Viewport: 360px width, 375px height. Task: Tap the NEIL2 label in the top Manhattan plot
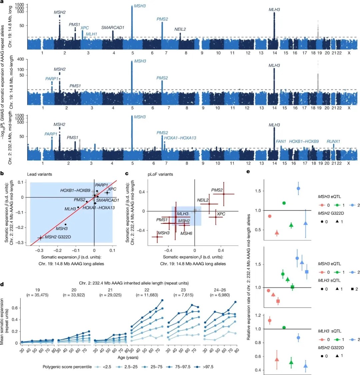[x=180, y=29]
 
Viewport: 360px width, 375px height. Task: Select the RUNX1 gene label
[x=333, y=141]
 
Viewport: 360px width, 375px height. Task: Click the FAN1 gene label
[x=281, y=141]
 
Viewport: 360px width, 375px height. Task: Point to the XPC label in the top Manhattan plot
[x=85, y=28]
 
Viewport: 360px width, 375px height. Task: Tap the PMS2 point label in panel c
[x=217, y=190]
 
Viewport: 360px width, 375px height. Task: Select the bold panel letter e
[x=248, y=172]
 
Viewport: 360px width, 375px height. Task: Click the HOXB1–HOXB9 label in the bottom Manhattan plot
[x=304, y=141]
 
